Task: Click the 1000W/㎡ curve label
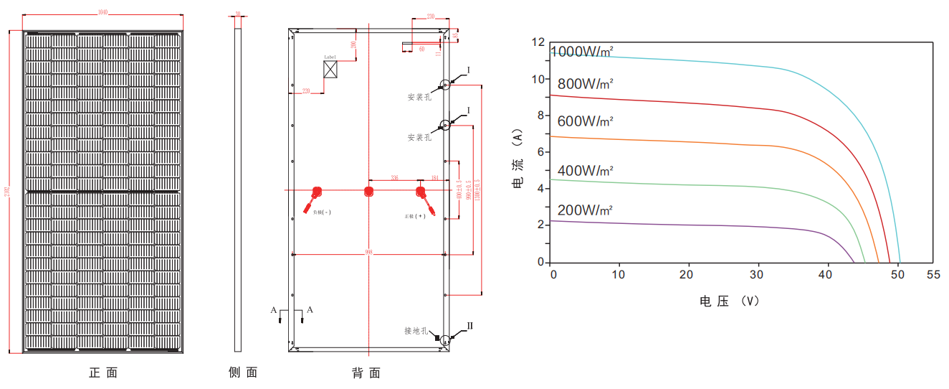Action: click(581, 52)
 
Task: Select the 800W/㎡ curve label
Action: click(586, 83)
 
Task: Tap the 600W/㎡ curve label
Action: click(586, 121)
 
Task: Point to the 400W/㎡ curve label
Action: click(586, 171)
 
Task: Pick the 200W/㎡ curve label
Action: click(586, 210)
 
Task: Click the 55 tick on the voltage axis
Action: click(933, 275)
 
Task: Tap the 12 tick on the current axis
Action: click(538, 42)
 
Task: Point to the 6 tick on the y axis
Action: click(541, 152)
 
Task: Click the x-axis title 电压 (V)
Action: click(729, 301)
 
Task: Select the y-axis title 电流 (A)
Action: click(518, 159)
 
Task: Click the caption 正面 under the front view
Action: click(102, 372)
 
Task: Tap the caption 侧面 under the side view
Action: click(242, 372)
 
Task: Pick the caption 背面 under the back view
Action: click(366, 373)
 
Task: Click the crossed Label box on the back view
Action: click(330, 69)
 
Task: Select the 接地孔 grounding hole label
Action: click(416, 331)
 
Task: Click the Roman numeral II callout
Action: click(470, 326)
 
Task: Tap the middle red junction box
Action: click(368, 191)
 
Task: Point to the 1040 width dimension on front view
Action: click(103, 13)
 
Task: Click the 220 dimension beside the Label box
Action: click(306, 90)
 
